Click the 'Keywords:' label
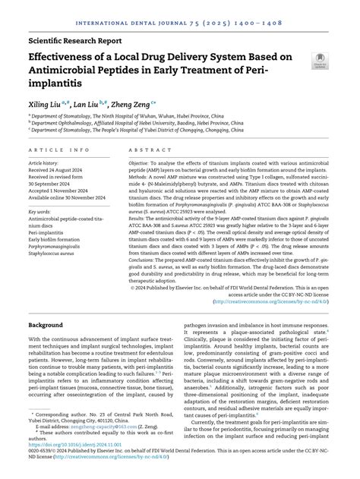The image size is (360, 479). pos(39,212)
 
